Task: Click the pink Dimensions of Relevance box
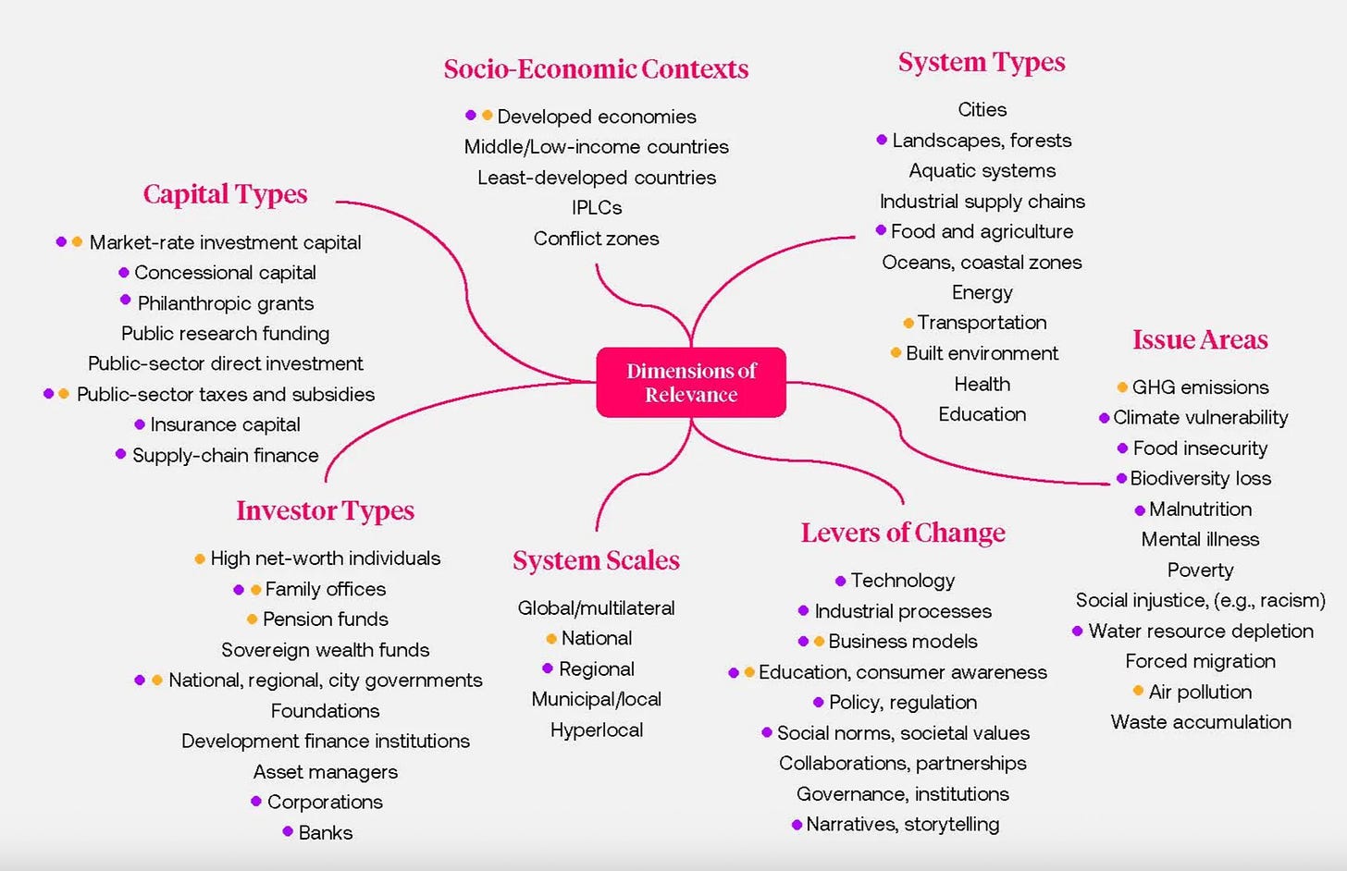(x=691, y=382)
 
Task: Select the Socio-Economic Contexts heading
(x=596, y=69)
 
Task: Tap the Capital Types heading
(x=225, y=195)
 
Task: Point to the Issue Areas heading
(x=1200, y=339)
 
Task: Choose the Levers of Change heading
(x=903, y=534)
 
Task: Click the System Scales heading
(x=596, y=560)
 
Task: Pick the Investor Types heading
(x=326, y=511)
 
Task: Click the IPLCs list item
(x=597, y=207)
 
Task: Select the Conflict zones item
(x=596, y=239)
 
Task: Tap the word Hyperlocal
(x=597, y=730)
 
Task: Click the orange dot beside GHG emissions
(x=1122, y=387)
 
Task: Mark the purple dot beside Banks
(x=288, y=831)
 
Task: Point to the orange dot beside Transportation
(x=908, y=324)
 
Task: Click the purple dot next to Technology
(x=841, y=581)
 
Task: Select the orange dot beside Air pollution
(x=1138, y=690)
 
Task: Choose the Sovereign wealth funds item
(x=326, y=650)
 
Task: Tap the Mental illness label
(x=1200, y=539)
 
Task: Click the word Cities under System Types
(x=982, y=109)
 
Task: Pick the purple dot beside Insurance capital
(x=140, y=424)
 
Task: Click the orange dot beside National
(x=550, y=638)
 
